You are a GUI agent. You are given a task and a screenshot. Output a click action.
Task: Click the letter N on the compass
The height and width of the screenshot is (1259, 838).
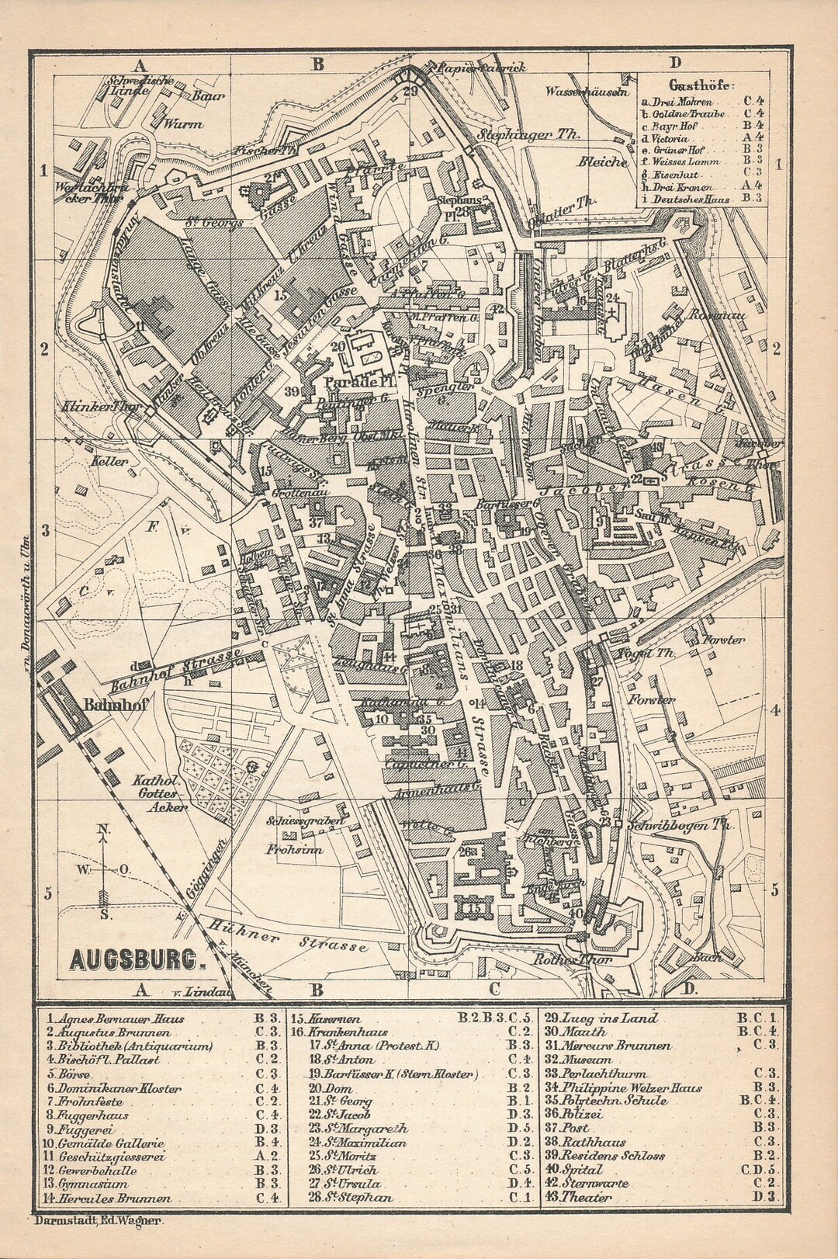tap(103, 829)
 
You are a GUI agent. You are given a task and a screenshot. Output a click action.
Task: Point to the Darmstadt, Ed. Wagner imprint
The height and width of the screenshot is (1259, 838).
tap(98, 1221)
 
